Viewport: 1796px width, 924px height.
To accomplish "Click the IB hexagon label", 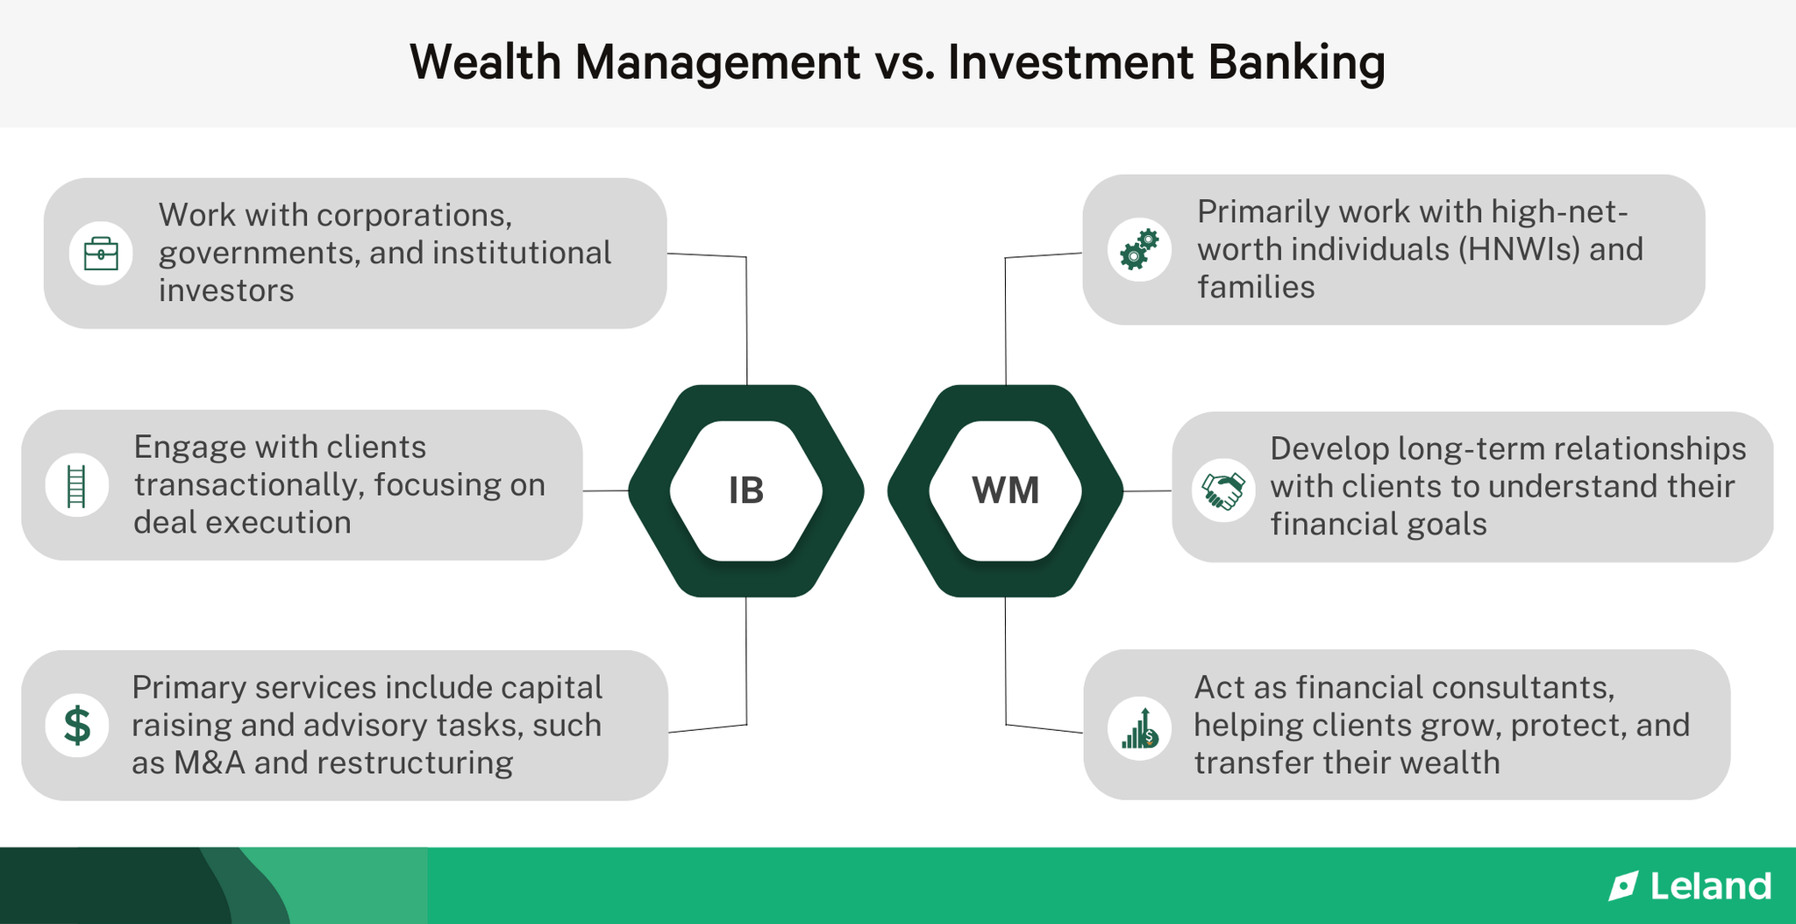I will click(x=746, y=491).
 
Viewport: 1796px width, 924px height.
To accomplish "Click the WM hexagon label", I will click(x=1005, y=491).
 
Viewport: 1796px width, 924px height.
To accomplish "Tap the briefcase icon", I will click(x=101, y=254).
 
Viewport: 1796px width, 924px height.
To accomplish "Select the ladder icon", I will click(x=77, y=485).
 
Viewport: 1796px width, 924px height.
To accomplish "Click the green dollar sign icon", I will click(x=77, y=726).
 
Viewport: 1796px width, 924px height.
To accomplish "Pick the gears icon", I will click(x=1139, y=250).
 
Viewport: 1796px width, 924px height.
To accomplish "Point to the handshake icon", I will click(x=1223, y=491).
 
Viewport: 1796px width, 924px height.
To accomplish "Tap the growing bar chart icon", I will click(x=1139, y=729).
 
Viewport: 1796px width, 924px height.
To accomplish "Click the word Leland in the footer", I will click(x=1710, y=886).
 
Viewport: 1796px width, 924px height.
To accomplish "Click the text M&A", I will click(x=209, y=763).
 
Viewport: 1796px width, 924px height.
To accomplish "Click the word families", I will click(x=1256, y=287).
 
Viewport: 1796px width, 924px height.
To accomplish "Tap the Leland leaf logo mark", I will click(x=1623, y=886).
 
